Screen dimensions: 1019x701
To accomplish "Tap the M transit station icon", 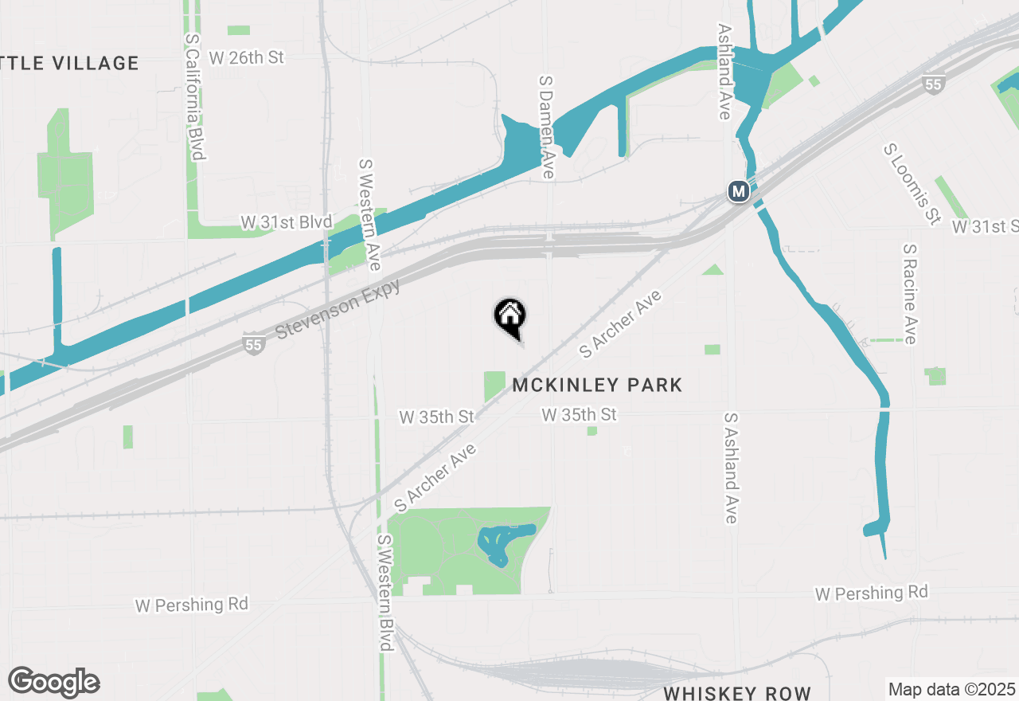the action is pos(738,191).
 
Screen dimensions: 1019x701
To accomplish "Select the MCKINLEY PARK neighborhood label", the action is pos(597,386).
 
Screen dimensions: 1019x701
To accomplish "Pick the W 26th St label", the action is pos(246,58).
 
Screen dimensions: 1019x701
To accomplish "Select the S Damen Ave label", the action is pos(546,127).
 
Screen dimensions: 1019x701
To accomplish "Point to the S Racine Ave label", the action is pos(910,294).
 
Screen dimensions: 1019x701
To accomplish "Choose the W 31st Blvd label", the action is pos(287,222).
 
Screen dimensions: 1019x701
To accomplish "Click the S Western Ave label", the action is pos(369,213).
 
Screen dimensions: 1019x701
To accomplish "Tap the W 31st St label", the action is pos(986,227).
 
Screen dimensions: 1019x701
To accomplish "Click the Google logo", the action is pos(54,682).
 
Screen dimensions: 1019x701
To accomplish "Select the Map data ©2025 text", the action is pos(951,689).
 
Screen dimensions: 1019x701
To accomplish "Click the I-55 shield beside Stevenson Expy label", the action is pos(252,345).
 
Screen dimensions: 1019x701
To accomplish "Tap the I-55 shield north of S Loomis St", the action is pos(934,85).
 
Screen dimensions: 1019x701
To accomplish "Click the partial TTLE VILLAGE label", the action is pos(70,63).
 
